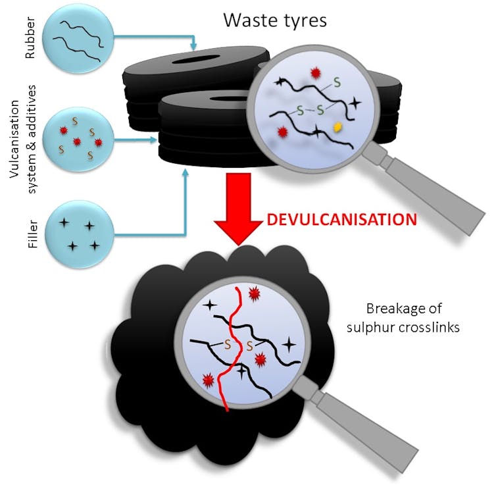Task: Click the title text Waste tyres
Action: [275, 20]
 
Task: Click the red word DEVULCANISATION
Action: [341, 220]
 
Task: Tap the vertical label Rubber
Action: [30, 38]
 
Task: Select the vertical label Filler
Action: [33, 234]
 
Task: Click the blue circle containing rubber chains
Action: [78, 39]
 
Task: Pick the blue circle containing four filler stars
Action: [79, 234]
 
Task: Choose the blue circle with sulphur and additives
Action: [78, 140]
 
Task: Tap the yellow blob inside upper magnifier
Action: [338, 127]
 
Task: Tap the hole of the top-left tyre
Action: [195, 59]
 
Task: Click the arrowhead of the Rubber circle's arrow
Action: [193, 47]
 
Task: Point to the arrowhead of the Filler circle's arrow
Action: [186, 173]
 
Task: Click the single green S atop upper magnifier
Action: [337, 83]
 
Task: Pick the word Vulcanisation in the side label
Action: [14, 140]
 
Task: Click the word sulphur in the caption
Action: [370, 328]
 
